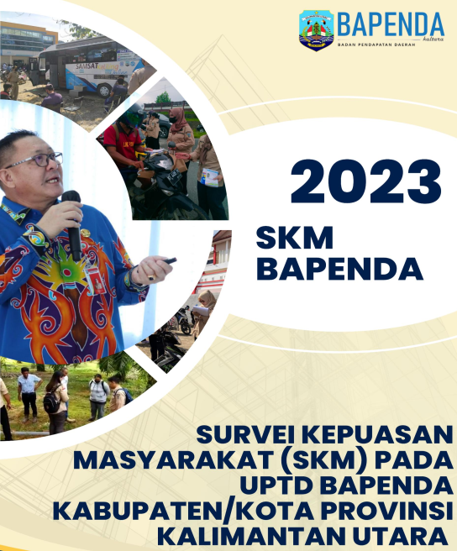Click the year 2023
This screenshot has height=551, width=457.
pyautogui.click(x=365, y=181)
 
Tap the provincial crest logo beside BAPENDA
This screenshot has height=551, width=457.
pyautogui.click(x=317, y=30)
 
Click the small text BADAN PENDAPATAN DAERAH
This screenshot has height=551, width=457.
pyautogui.click(x=376, y=45)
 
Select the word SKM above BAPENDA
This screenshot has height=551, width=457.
pyautogui.click(x=295, y=238)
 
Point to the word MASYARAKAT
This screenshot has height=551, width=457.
pyautogui.click(x=174, y=460)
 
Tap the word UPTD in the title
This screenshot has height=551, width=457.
pyautogui.click(x=276, y=485)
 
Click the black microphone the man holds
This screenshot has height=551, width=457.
pyautogui.click(x=73, y=225)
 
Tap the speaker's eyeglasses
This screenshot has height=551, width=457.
pyautogui.click(x=35, y=161)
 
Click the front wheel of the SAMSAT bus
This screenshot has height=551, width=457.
pyautogui.click(x=104, y=91)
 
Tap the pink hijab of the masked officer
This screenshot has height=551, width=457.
pyautogui.click(x=178, y=119)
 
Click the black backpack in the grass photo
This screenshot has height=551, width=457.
pyautogui.click(x=52, y=402)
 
